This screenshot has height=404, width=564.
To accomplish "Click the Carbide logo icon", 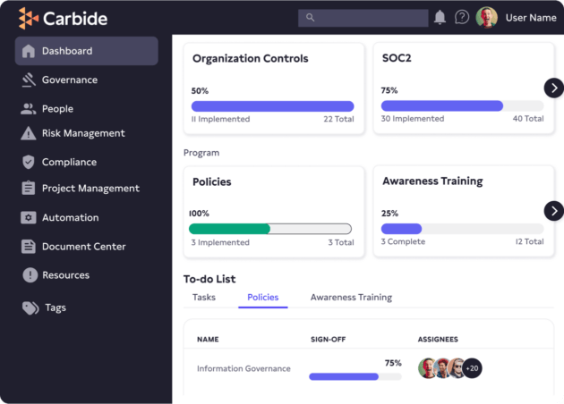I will (x=29, y=18).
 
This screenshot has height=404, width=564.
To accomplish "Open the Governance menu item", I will (x=69, y=80).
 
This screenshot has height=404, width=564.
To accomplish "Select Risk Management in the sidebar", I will (x=82, y=133).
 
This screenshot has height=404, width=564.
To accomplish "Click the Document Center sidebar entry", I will (x=83, y=246).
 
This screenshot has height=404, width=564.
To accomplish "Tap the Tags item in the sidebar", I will (x=55, y=307).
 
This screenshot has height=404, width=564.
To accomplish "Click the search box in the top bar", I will (x=363, y=18).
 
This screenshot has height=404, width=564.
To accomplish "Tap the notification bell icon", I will (x=440, y=18).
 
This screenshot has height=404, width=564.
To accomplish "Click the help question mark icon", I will (x=462, y=17).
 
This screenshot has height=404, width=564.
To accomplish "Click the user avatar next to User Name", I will (x=487, y=17).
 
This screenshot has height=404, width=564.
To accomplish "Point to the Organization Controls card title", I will (x=251, y=59).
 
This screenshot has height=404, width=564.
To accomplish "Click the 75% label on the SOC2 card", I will (x=389, y=90).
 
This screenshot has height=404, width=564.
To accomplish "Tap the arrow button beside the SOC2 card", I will (x=554, y=87).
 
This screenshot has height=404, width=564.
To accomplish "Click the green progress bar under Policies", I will (x=230, y=228).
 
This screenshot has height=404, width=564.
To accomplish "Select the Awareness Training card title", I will (x=432, y=181).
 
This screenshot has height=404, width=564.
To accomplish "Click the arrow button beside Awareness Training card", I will (x=554, y=210).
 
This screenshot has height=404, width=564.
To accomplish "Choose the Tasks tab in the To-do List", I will (x=204, y=297).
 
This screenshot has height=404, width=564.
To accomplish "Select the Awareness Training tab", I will (x=351, y=297).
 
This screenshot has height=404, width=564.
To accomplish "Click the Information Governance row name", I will (x=244, y=368).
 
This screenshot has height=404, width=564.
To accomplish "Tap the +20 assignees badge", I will (x=472, y=368).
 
